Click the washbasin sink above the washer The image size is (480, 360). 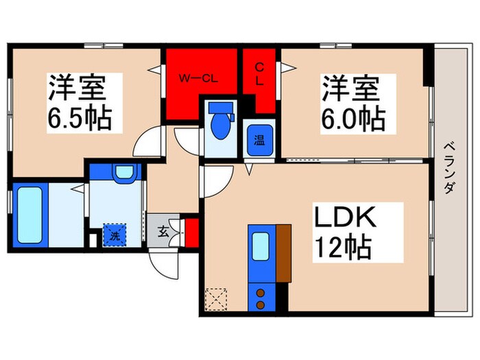(123, 172)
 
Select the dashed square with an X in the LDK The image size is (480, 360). (215, 299)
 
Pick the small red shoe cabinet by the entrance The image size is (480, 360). (191, 232)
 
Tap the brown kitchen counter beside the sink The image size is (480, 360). (283, 252)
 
